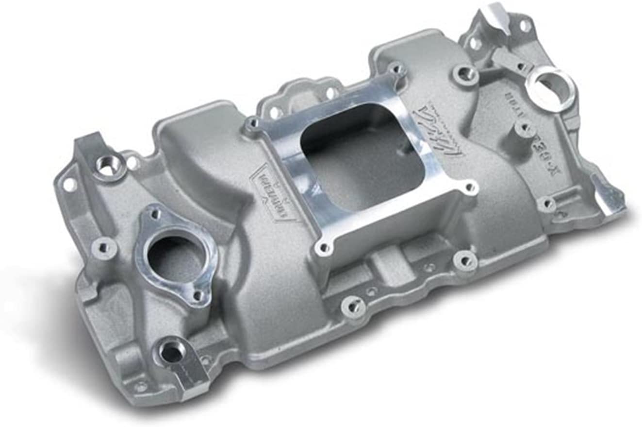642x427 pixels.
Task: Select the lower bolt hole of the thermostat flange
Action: [x=198, y=295]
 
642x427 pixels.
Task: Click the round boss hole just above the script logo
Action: [x=465, y=74]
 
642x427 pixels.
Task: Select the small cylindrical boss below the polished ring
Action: [x=524, y=128]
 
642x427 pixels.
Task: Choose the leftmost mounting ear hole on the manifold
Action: [x=69, y=184]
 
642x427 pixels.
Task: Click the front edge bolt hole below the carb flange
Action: [x=352, y=306]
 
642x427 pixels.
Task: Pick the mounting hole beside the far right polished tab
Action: [x=547, y=204]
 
